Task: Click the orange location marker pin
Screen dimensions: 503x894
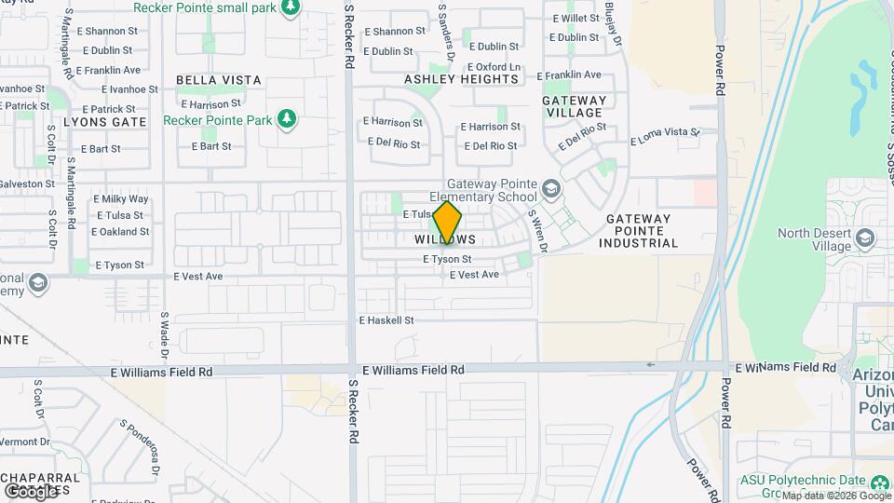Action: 448,223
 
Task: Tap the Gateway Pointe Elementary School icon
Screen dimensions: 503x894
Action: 551,190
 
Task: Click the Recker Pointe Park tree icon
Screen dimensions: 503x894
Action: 288,119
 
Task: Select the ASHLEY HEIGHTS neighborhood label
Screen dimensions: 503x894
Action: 461,79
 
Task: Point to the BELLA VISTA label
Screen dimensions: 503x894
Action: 218,80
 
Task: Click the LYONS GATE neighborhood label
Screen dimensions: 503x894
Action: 105,122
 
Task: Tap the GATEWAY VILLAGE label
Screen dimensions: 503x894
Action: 574,106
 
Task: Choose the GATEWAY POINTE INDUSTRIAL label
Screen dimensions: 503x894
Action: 642,231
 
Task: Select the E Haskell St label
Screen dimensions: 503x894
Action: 386,320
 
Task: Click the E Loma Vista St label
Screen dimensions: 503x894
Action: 665,137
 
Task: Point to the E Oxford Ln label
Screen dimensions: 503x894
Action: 493,67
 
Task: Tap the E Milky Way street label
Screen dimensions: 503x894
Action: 120,199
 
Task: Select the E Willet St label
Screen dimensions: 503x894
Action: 576,19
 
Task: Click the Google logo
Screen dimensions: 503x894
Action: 31,490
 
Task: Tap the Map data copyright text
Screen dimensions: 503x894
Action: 834,496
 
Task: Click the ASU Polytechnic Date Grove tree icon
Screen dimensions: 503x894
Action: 879,482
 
